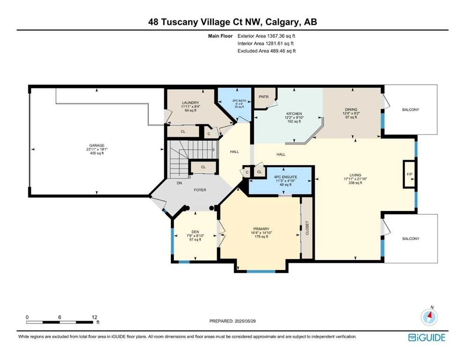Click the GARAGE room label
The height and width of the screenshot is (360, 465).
97,145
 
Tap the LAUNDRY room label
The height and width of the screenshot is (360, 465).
191,103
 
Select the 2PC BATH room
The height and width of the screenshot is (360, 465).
236,105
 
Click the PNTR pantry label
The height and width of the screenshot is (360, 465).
264,97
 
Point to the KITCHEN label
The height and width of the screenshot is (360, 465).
294,113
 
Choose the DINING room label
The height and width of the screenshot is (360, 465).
351,110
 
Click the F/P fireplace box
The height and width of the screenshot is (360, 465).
410,174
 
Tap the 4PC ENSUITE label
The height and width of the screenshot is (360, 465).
285,177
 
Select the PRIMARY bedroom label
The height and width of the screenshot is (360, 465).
261,229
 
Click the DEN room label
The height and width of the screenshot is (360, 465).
195,232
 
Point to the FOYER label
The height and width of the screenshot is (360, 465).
200,190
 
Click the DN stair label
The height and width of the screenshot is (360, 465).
179,183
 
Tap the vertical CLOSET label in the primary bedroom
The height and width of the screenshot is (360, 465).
307,228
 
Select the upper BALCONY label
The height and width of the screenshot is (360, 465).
411,110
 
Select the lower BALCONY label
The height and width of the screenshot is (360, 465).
411,239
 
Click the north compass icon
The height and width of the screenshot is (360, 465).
429,317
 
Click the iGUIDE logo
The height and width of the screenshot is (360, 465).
427,337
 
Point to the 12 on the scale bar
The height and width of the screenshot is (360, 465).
94,317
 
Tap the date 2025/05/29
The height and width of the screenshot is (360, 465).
245,321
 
